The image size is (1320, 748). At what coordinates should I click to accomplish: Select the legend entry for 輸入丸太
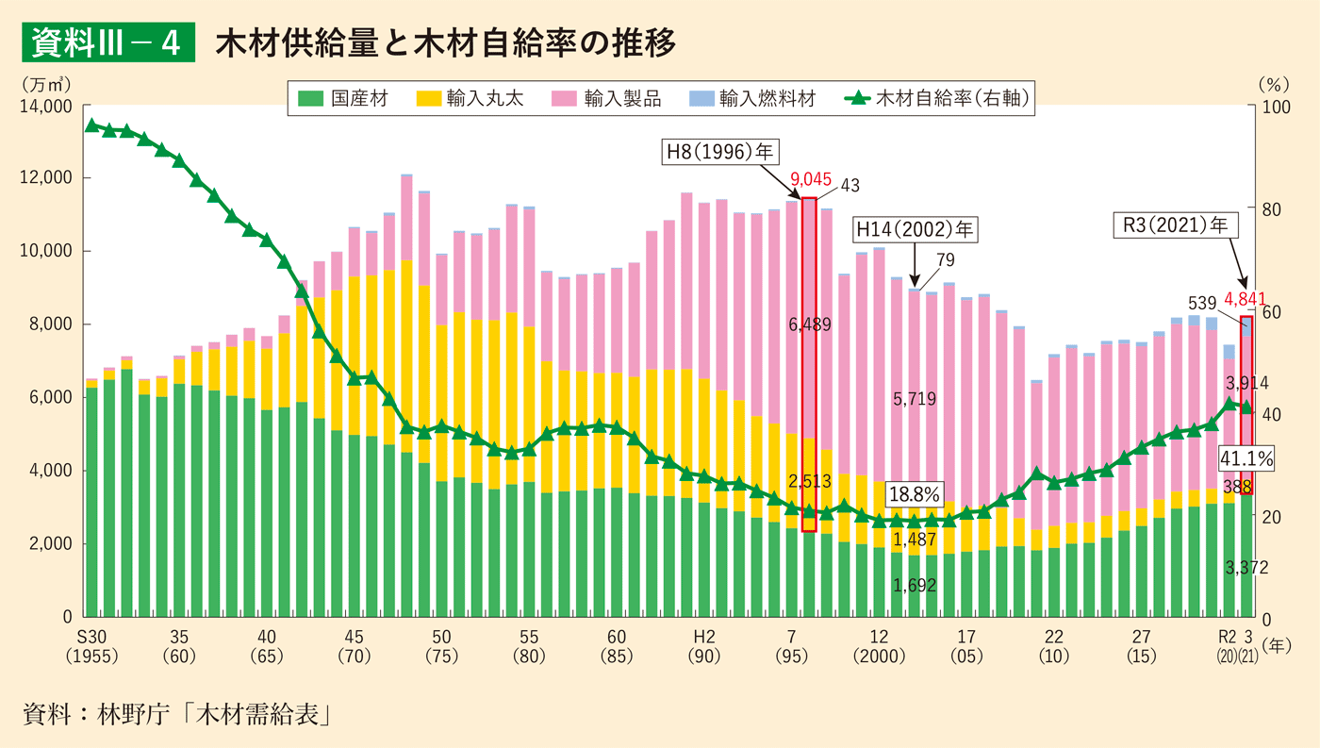pos(471,98)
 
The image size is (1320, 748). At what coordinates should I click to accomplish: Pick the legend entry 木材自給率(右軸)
pos(938,98)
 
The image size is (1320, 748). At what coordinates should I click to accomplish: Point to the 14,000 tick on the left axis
pos(45,106)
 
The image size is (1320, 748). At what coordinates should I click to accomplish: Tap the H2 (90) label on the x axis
pos(702,644)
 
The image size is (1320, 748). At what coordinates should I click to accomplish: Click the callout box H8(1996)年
pos(716,153)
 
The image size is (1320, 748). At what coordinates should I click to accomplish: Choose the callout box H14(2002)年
pos(916,228)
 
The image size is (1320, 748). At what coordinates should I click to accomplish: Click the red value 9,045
pos(810,179)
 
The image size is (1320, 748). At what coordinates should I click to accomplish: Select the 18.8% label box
pos(916,493)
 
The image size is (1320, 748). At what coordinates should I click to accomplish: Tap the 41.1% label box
pos(1246,458)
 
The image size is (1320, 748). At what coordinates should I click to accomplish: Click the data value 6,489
pos(810,324)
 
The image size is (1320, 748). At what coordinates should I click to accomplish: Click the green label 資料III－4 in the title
pos(107,42)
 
